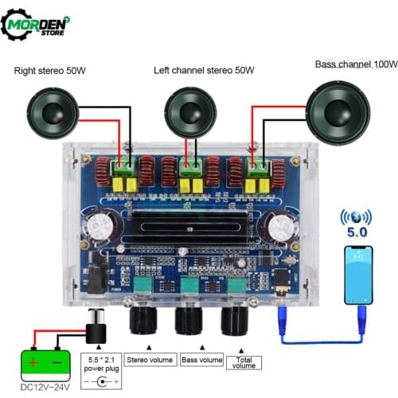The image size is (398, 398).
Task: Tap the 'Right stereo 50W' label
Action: point(50,72)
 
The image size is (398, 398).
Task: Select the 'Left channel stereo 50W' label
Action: point(205,72)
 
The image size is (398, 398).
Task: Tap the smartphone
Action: point(358,275)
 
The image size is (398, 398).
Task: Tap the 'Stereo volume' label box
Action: point(150,360)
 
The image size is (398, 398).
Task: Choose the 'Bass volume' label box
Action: point(200,360)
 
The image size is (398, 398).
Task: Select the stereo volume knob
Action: point(145,321)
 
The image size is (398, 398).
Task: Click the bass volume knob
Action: point(190,321)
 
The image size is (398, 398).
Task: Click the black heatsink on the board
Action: point(200,220)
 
